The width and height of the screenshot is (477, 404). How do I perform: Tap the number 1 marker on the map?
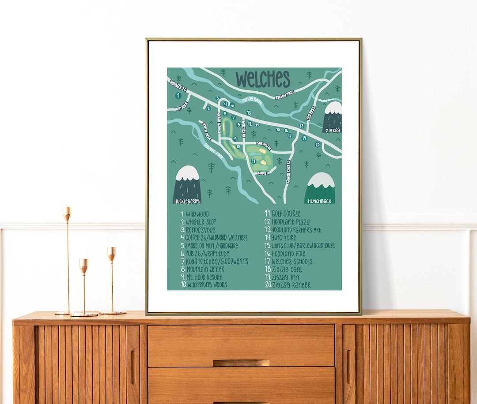coord(178,96)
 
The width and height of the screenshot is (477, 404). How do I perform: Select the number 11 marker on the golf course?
coord(254,161)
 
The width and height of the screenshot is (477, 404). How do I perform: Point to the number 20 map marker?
coord(317,145)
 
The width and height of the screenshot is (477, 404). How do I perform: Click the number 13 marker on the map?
coord(249,113)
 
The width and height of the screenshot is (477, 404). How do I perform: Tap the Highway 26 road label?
coord(178,86)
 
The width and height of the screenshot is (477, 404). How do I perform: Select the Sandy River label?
coord(252,101)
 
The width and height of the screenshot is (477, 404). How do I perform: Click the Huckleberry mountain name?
coord(187,201)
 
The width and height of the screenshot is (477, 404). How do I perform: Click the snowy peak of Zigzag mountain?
coord(333,108)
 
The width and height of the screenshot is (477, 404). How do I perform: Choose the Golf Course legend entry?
coord(283,214)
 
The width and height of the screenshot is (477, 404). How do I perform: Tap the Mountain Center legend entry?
coord(202,269)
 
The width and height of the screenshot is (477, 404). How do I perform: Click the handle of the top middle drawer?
coord(241,363)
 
